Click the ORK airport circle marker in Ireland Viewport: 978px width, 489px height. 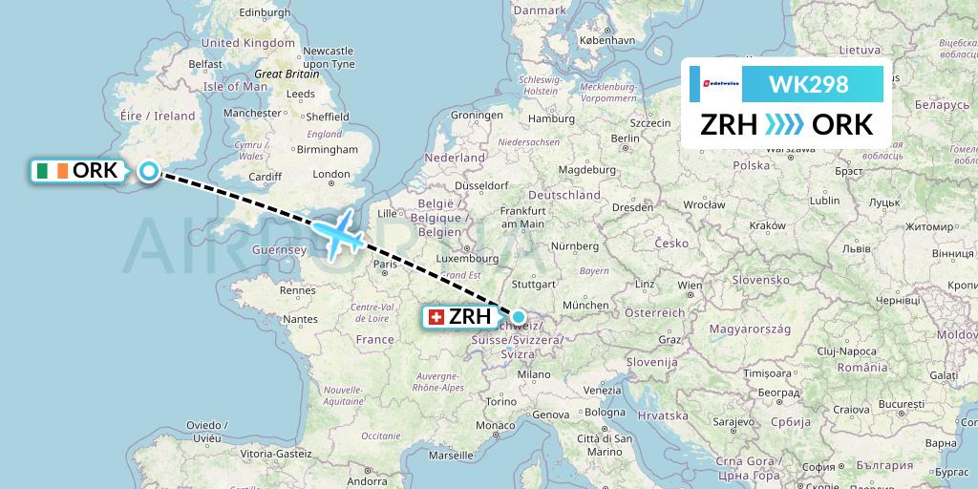coord(149,171)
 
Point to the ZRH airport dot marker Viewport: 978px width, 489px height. coord(518,316)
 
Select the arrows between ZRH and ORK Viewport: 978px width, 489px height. coord(785,125)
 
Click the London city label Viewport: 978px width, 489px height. coord(331,174)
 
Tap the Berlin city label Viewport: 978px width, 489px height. coord(626,138)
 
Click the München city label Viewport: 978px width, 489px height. coord(585,305)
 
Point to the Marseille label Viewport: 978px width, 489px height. coord(451,456)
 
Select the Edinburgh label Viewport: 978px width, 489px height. coord(264,13)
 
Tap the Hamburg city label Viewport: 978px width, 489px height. coord(551,119)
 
